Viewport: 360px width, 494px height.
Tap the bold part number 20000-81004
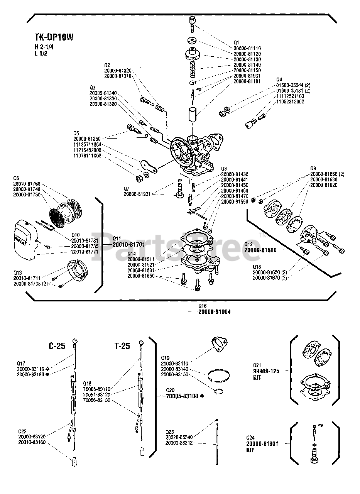(x=215, y=311)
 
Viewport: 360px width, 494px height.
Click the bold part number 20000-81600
(x=260, y=250)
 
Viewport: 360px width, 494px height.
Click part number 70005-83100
(x=182, y=396)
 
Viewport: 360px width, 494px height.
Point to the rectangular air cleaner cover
(x=25, y=239)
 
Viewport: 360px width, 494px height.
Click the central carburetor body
(x=195, y=151)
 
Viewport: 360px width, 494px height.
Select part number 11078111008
(x=87, y=156)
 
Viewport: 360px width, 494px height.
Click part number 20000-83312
(x=179, y=443)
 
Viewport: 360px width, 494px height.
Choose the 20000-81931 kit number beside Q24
(x=262, y=444)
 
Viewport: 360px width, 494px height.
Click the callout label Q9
(x=313, y=169)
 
